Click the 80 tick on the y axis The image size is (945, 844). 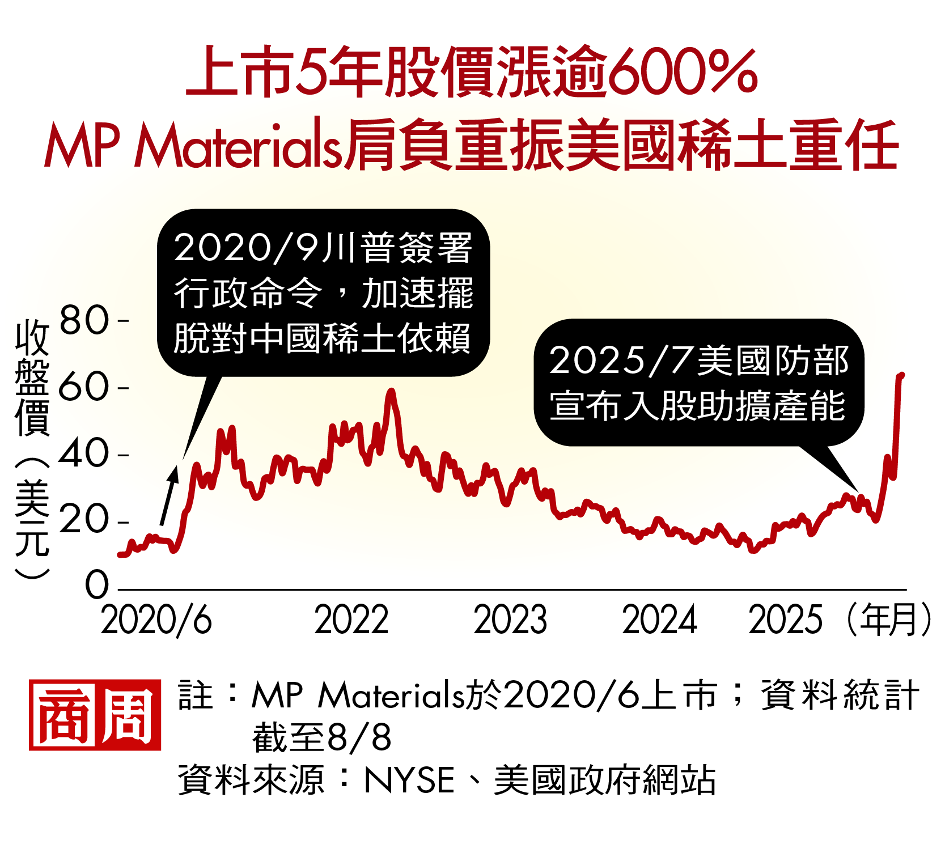pos(84,320)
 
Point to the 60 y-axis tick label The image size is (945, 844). pos(83,388)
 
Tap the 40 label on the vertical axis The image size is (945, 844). pos(83,454)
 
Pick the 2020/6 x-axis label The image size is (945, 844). pos(156,620)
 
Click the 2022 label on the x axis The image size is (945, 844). pos(351,620)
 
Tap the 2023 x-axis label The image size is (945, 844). pos(510,620)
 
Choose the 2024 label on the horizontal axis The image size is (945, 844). pos(659,620)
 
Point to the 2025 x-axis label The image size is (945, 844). pos(785,620)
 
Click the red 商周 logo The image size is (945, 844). pos(95,715)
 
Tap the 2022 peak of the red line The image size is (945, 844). pos(391,391)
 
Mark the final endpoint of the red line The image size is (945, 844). pos(901,375)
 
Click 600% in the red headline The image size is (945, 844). pos(685,72)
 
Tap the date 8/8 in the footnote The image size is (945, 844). pos(359,737)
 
